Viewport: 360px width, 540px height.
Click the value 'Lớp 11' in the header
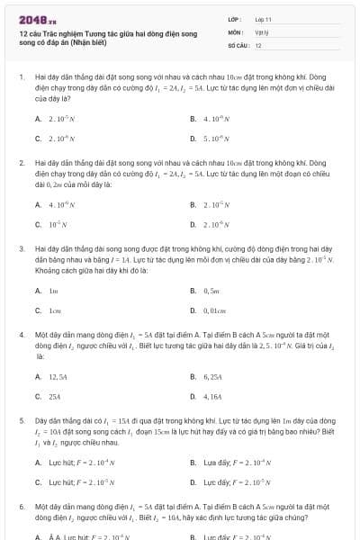[x=263, y=18]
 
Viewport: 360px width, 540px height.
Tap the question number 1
[x=21, y=78]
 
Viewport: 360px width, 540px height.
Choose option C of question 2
[x=52, y=224]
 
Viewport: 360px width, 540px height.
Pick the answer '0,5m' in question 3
[x=212, y=290]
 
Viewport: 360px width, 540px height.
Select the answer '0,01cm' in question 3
[x=217, y=310]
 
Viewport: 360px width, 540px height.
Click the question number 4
[x=21, y=335]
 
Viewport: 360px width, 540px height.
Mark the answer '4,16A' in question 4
[x=212, y=396]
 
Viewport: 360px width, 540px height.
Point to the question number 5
[x=21, y=420]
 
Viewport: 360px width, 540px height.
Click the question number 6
[x=21, y=506]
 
